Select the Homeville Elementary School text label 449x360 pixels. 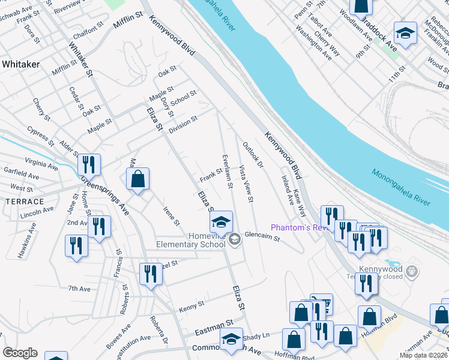(191, 240)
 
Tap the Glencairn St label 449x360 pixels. (262, 238)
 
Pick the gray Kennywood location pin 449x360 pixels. (411, 272)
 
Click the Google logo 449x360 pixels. (20, 353)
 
